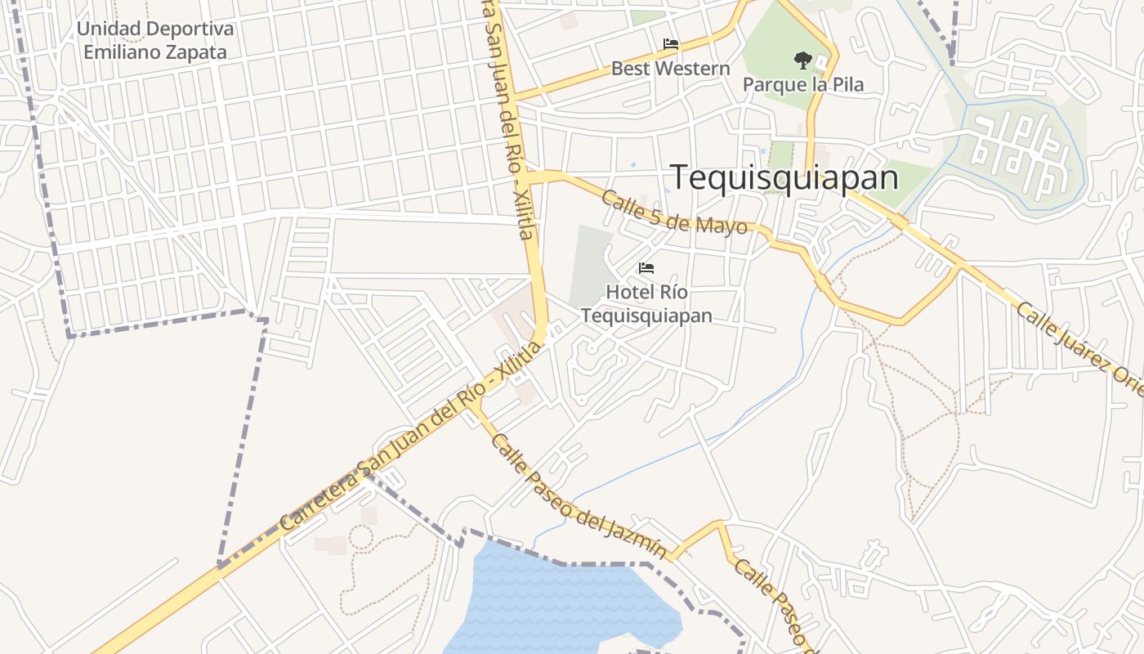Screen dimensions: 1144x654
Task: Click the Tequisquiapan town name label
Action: point(784,177)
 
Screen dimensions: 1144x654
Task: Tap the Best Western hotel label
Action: point(670,69)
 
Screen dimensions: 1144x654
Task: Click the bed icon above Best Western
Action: point(670,43)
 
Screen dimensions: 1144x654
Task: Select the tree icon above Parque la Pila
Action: point(802,60)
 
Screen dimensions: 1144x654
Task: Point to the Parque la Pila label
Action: point(802,84)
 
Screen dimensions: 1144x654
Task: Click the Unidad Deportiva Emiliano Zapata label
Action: point(155,40)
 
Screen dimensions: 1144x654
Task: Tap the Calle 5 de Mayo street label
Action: point(674,212)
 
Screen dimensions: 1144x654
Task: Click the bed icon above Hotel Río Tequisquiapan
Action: point(646,267)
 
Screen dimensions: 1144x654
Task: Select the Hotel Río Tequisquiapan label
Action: point(646,303)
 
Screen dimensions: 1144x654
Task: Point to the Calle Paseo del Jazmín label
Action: point(578,495)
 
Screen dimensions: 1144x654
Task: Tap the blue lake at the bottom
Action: point(556,605)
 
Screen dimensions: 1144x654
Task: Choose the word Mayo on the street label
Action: point(722,225)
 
